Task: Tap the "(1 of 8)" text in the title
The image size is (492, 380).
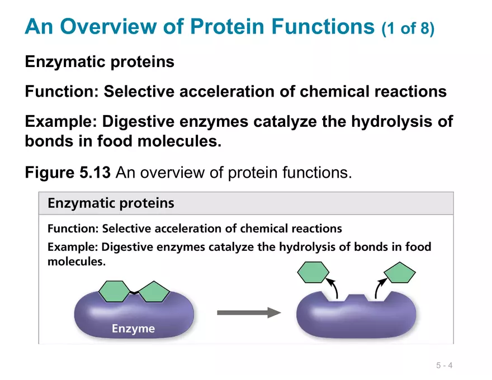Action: tap(408, 28)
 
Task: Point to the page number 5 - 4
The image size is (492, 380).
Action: tap(444, 366)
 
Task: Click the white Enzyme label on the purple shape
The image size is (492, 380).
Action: tap(133, 329)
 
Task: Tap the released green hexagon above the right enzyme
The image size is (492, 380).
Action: tap(313, 273)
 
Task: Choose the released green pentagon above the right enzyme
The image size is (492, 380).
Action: tap(400, 273)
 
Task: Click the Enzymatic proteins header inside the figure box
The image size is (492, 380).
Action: tap(111, 203)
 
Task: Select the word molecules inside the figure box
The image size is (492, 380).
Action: tap(75, 261)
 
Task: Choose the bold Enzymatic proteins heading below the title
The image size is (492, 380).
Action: tap(100, 61)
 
